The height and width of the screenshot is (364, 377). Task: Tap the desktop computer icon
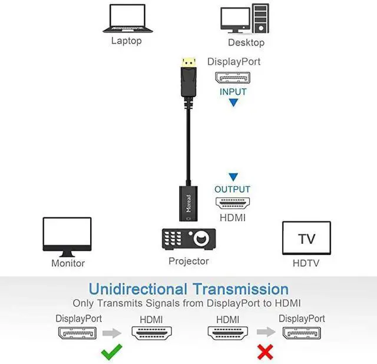click(x=244, y=19)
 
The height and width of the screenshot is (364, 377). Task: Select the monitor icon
click(x=67, y=237)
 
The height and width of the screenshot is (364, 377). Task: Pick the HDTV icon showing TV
click(x=306, y=239)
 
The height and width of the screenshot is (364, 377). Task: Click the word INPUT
click(x=233, y=92)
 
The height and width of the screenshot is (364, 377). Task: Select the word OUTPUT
click(x=232, y=190)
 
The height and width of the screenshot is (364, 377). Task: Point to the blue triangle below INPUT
click(x=233, y=102)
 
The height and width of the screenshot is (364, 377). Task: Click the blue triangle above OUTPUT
click(x=233, y=177)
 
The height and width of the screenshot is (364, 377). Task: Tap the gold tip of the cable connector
click(x=188, y=61)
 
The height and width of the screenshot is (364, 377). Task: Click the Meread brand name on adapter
click(x=188, y=204)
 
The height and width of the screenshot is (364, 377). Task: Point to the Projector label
click(x=188, y=261)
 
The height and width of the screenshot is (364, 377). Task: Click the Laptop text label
click(x=127, y=41)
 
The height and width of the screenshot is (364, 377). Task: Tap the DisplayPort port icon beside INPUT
click(x=233, y=78)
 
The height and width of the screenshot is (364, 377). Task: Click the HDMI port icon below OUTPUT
click(x=232, y=204)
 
